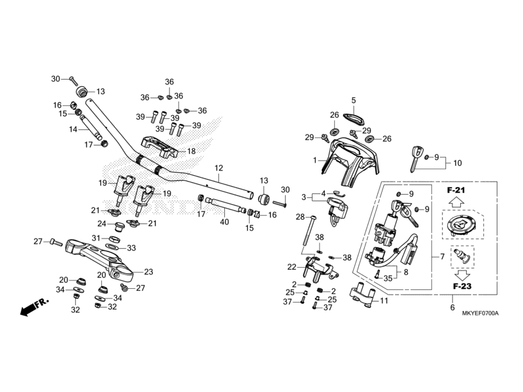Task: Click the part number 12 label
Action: (x=218, y=168)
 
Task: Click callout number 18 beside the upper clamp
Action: (x=192, y=151)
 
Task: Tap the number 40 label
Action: (x=224, y=222)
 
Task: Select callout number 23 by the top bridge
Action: (x=148, y=272)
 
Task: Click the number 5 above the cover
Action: (x=354, y=101)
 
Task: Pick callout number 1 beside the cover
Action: (x=314, y=160)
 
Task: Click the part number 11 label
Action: (x=384, y=301)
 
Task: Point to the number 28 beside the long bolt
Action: (x=300, y=216)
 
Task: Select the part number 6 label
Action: (x=452, y=307)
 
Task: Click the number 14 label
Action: (x=74, y=129)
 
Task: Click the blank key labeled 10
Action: (x=414, y=157)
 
